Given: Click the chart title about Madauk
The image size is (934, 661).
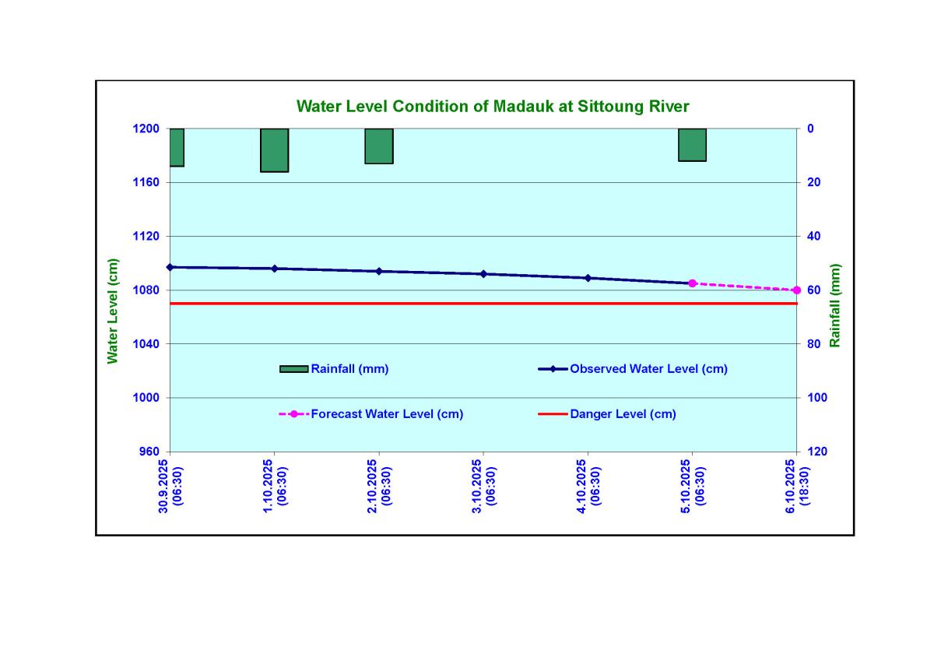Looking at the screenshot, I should point(493,106).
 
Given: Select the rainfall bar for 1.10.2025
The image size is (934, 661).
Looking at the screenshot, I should point(275,149).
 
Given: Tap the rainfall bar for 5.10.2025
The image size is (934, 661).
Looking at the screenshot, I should point(692,145).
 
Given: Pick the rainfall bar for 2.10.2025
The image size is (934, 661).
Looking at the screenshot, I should point(379,146).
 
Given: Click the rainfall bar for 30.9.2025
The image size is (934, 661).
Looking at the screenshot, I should point(177,147).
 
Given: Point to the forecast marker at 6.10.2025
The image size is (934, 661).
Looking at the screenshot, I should point(796,290).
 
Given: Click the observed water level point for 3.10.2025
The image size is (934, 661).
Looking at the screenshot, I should point(483,274).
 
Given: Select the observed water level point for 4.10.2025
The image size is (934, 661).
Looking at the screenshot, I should point(588,278).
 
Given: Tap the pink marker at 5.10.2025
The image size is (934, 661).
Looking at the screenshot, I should point(692,283).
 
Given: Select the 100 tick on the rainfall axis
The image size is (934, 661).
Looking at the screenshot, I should point(815,398).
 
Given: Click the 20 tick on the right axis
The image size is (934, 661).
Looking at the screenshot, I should point(812,182).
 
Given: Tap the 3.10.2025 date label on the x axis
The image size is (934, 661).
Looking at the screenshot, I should point(483,483).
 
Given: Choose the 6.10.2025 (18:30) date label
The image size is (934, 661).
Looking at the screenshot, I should point(796,483).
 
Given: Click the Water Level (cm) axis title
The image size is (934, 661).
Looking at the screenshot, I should point(114,311).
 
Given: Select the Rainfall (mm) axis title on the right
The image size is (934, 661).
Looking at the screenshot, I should point(835,305).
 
